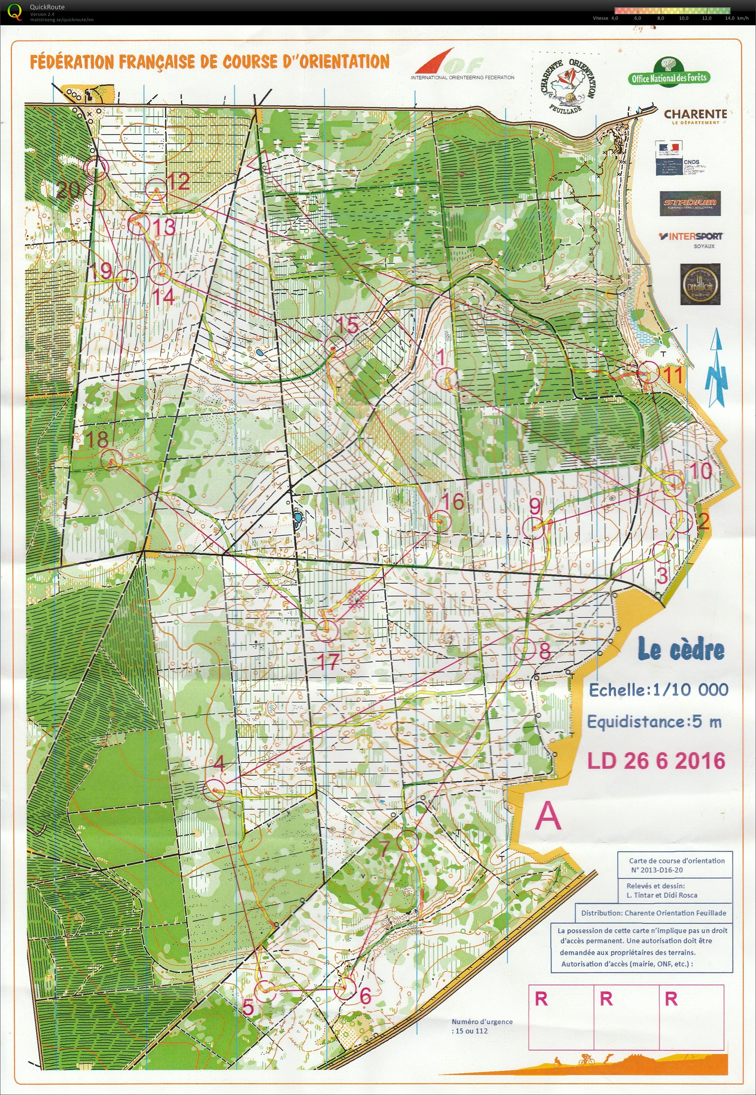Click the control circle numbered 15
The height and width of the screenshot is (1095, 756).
click(335, 346)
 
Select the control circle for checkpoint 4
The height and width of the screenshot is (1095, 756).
click(214, 790)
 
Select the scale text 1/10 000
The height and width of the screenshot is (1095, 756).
click(690, 689)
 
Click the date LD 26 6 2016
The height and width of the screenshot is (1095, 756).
click(656, 760)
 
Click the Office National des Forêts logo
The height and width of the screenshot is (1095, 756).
click(669, 73)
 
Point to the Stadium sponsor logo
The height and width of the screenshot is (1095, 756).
click(690, 203)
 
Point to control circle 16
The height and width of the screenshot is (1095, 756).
click(441, 521)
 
